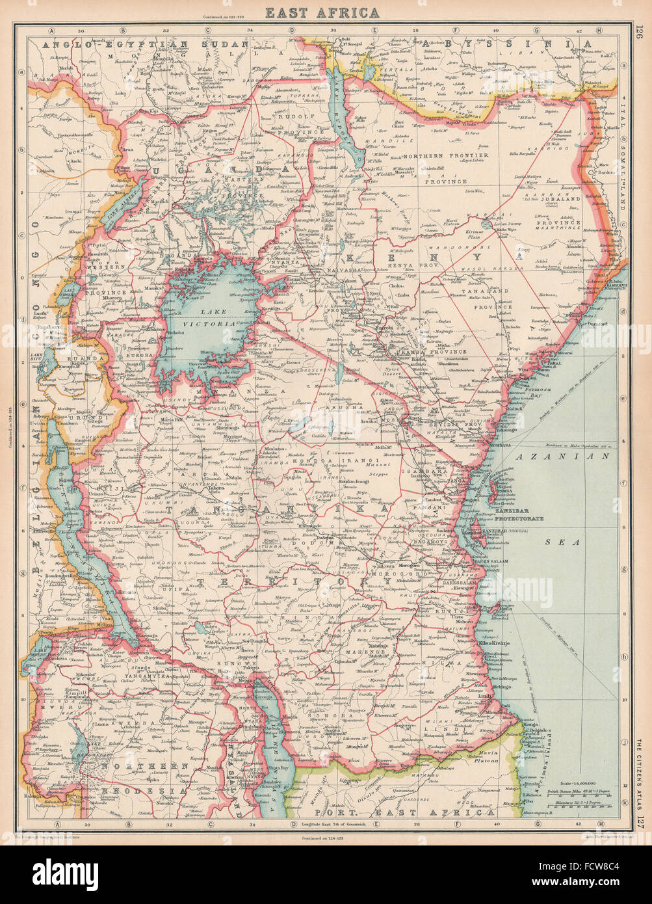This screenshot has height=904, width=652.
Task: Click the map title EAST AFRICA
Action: pos(326,12)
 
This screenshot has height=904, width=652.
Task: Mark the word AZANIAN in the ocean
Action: pos(563,457)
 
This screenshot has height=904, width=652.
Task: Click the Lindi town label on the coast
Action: pos(482,697)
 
